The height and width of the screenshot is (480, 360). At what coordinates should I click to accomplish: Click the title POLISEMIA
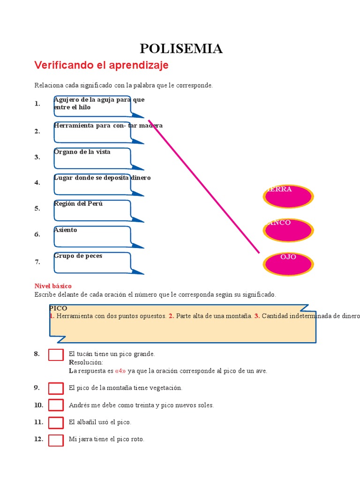coord(181,48)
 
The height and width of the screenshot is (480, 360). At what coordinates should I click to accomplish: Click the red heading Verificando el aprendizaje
coord(101,66)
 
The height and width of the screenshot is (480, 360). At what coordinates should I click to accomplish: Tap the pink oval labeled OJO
coord(289,264)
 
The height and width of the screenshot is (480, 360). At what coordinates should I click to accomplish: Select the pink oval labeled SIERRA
coord(289,196)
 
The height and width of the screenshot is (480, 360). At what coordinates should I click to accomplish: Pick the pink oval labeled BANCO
coord(289,230)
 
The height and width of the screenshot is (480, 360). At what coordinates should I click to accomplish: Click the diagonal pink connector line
coord(204,187)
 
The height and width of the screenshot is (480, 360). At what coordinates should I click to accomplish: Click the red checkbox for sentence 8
coord(56,355)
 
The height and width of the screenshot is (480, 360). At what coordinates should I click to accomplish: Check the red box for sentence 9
coord(56,388)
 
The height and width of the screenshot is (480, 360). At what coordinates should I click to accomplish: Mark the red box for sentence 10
coord(56,405)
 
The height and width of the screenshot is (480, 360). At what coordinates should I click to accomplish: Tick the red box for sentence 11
coord(56,422)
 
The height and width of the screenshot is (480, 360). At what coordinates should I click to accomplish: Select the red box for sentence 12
coord(56,440)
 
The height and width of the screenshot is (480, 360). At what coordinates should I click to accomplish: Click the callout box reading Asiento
coord(92,236)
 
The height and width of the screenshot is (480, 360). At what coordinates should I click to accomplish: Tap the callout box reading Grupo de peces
coord(92,262)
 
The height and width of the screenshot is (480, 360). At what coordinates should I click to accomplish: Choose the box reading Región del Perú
coord(92,210)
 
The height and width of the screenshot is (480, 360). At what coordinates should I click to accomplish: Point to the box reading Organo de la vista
coord(92,158)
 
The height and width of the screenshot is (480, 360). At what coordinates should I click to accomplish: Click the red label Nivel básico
coord(53,286)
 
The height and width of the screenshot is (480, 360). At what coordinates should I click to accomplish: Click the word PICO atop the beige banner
coord(59,308)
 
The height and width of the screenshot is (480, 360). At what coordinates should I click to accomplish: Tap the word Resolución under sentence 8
coord(86,362)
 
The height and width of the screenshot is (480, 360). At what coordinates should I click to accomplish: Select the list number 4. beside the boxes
coord(37,183)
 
